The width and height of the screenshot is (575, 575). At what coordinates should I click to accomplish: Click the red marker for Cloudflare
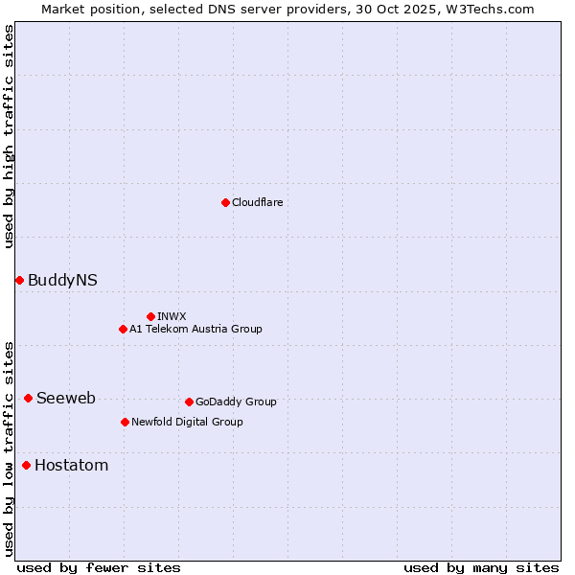[x=225, y=202]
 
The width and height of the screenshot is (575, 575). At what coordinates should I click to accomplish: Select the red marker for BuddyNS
[x=19, y=280]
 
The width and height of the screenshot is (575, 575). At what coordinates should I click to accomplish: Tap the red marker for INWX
[x=150, y=316]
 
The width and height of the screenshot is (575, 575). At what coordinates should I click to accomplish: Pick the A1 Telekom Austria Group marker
[x=123, y=329]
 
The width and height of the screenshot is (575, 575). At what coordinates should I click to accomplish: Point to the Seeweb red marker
[x=28, y=398]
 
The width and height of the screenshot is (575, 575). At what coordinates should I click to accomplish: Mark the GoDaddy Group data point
[x=189, y=402]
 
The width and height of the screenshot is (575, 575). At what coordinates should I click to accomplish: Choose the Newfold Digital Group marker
[x=125, y=422]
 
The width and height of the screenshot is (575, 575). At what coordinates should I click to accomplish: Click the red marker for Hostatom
[x=26, y=466]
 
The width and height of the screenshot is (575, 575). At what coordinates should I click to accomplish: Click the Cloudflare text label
[x=257, y=202]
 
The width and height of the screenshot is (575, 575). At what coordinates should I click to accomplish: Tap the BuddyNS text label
[x=62, y=280]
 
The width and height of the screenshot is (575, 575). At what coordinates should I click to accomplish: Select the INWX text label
[x=172, y=316]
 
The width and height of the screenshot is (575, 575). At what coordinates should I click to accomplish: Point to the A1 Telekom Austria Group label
[x=195, y=329]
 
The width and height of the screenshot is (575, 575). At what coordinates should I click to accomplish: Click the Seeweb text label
[x=66, y=398]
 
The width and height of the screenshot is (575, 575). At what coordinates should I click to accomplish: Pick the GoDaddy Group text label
[x=236, y=402]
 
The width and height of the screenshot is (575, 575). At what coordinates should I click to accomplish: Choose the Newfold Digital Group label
[x=187, y=422]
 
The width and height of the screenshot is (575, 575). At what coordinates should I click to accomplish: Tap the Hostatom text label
[x=71, y=466]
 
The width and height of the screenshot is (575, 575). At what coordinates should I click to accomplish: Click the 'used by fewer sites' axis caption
[x=99, y=567]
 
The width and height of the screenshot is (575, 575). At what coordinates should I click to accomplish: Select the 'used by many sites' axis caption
[x=481, y=567]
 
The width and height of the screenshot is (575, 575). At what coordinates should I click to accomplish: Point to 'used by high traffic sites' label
[x=9, y=136]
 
